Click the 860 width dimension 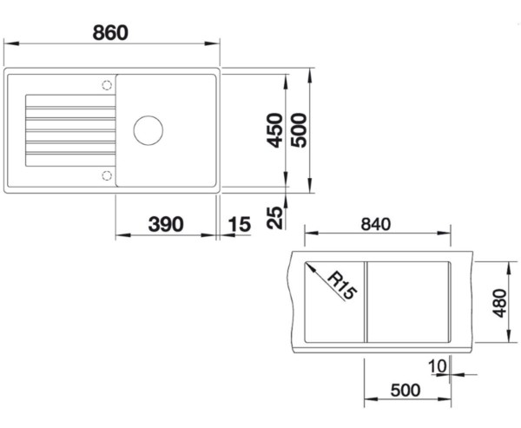tap(110, 33)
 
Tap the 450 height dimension tap(274, 130)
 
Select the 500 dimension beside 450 tap(299, 130)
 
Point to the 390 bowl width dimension tap(166, 224)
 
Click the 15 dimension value tap(240, 224)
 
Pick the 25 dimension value tap(274, 218)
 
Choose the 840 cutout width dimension tap(376, 224)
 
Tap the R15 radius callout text tap(342, 286)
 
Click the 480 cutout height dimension tap(499, 303)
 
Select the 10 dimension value tap(438, 366)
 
